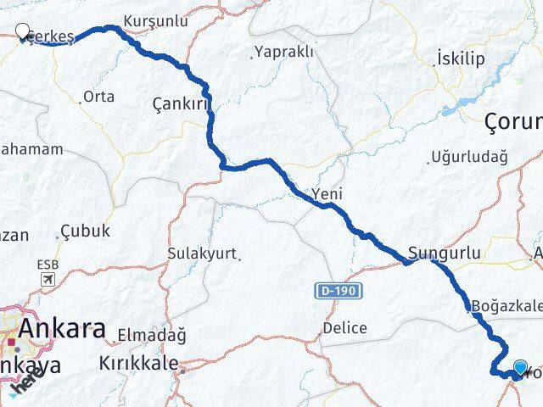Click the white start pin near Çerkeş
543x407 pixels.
[22, 32]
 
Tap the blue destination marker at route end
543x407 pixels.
[520, 367]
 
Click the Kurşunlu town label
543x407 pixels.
[155, 20]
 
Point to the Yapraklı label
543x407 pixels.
[284, 53]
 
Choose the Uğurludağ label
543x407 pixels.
[468, 157]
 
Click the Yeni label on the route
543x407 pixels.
[327, 194]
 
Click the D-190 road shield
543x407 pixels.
[341, 291]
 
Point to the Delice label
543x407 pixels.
[344, 327]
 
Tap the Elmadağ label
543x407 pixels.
[146, 333]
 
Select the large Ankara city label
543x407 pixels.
[63, 329]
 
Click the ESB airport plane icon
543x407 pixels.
[48, 279]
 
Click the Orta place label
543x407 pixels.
[99, 97]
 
